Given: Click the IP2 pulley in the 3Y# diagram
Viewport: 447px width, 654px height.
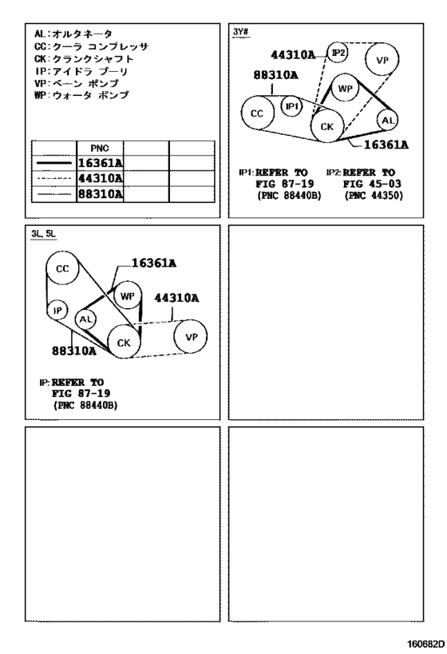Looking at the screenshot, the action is click(x=338, y=53).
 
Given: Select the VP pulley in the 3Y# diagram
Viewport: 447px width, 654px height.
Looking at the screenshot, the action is click(x=382, y=59).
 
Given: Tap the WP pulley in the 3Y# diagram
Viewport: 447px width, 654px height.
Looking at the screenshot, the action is click(x=346, y=88).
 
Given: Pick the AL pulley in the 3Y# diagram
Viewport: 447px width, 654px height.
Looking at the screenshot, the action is click(x=388, y=121).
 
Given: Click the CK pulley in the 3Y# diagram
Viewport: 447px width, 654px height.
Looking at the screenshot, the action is click(x=328, y=126).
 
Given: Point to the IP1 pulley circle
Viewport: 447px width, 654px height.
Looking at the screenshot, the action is click(x=291, y=106).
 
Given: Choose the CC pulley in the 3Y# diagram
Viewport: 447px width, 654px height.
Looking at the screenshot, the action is click(x=258, y=113).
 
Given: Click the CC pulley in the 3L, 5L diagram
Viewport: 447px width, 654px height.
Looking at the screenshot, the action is click(x=62, y=268).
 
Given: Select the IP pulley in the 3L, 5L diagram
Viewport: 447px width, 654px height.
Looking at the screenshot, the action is click(x=57, y=311).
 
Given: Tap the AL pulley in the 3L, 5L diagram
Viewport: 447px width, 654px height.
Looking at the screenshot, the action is click(x=86, y=320).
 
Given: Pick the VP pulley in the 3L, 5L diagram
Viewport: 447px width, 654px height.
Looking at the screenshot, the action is click(x=191, y=337).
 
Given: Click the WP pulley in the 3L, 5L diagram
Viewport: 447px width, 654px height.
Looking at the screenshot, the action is click(x=127, y=295).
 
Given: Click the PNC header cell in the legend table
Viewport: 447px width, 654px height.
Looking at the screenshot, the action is click(x=100, y=148).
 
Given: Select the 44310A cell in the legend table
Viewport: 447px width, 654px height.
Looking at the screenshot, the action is click(x=100, y=179).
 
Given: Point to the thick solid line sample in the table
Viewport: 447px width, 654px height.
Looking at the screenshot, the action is click(x=54, y=163).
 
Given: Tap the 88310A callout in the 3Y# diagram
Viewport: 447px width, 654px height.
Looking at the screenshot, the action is click(x=276, y=75).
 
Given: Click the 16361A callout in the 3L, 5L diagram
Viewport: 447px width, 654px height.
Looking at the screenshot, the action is click(x=154, y=264).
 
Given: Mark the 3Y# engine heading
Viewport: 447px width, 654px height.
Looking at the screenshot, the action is click(x=241, y=32).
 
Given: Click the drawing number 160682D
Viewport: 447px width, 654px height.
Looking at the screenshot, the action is click(x=423, y=643).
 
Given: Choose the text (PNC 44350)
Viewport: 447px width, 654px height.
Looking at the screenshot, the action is click(x=374, y=195).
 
